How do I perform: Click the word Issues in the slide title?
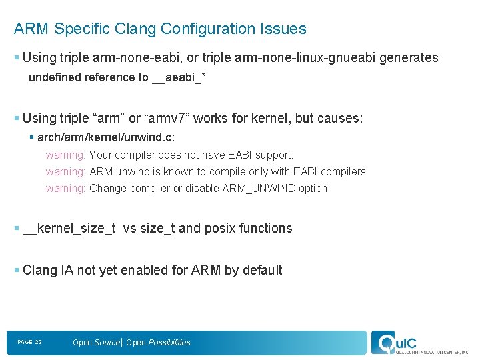[283, 29]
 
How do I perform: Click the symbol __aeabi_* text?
[179, 77]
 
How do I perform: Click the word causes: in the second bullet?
[340, 118]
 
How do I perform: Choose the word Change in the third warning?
[107, 188]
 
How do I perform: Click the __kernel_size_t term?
[69, 228]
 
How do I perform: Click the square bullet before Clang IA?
[16, 270]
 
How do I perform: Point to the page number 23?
[38, 342]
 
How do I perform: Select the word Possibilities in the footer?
[169, 343]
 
